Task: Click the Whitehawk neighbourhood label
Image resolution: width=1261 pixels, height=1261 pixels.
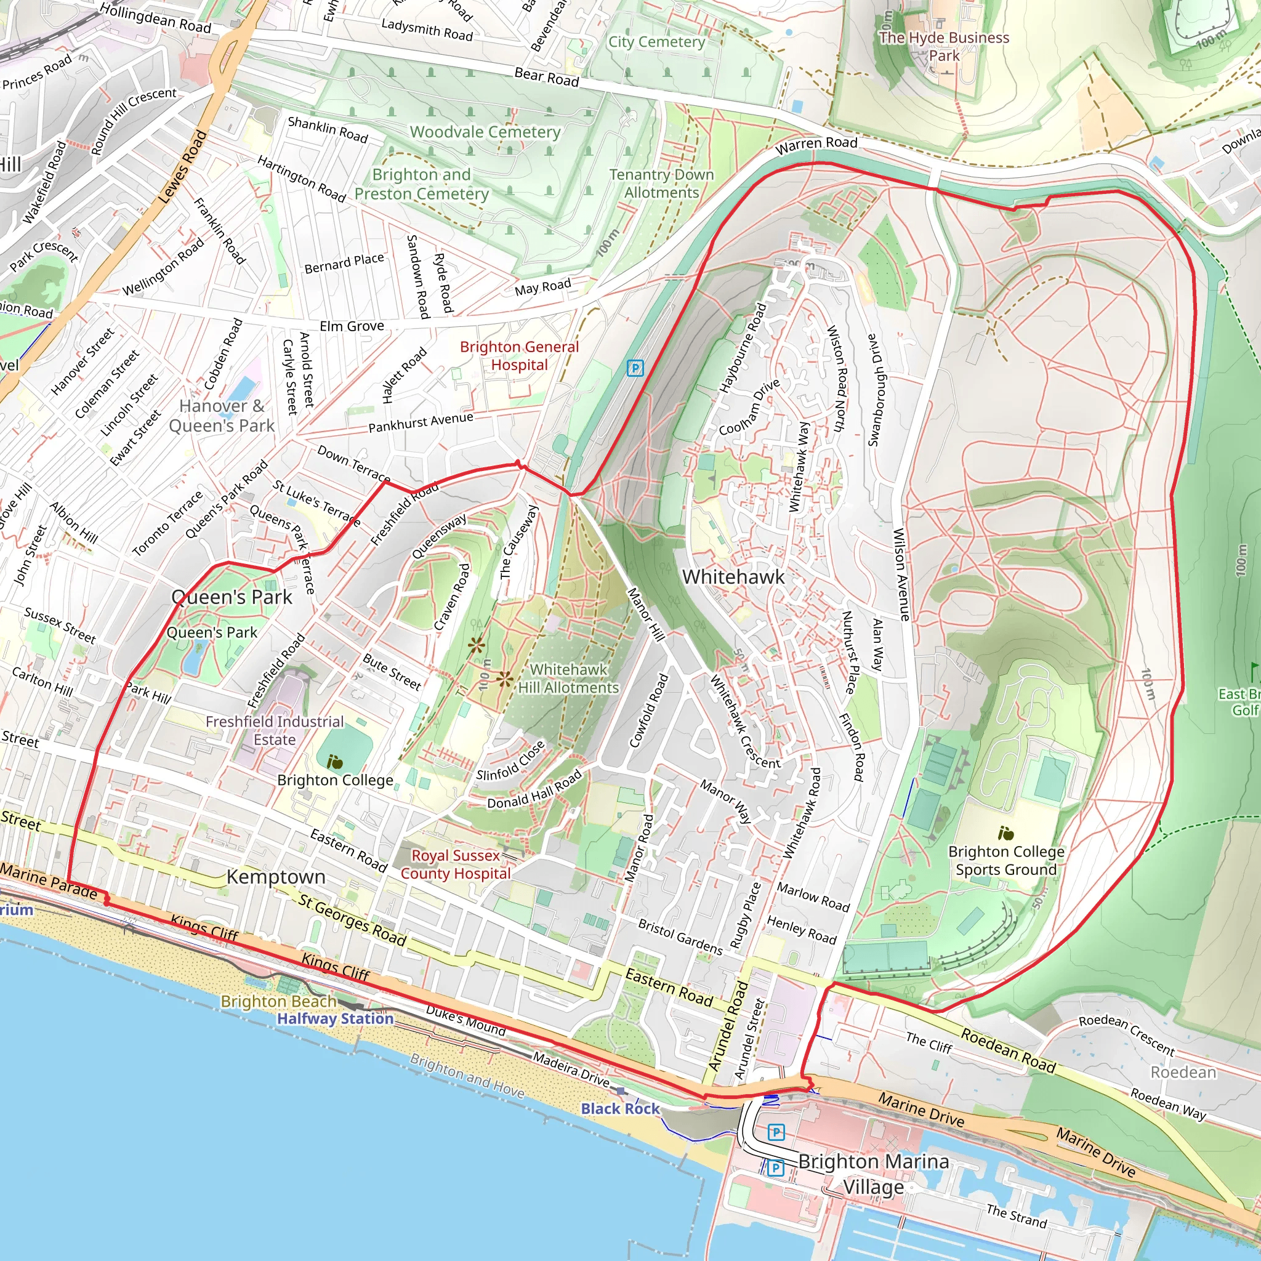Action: click(733, 577)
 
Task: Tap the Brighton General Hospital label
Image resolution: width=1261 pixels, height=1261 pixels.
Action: click(519, 356)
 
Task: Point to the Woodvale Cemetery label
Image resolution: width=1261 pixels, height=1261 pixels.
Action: click(485, 132)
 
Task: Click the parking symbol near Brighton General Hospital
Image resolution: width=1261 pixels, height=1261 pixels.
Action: click(634, 368)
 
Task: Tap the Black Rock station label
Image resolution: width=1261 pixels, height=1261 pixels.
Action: click(620, 1108)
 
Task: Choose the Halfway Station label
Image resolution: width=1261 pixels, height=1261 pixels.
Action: click(336, 1018)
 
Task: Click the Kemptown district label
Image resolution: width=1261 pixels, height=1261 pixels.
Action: click(275, 877)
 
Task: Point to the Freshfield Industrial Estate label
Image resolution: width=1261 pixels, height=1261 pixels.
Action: click(274, 730)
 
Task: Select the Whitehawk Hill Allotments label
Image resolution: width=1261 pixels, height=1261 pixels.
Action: click(568, 678)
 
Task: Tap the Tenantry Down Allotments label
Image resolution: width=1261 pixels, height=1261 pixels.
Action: click(661, 183)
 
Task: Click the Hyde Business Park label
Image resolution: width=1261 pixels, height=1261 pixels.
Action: click(944, 46)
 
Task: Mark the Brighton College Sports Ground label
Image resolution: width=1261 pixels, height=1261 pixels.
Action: click(1006, 860)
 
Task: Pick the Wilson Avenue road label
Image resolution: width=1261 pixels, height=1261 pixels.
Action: click(901, 574)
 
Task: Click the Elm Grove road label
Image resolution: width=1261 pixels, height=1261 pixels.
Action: click(352, 326)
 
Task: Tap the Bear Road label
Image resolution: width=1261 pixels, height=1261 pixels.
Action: click(546, 77)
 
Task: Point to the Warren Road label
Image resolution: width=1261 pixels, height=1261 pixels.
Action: click(816, 145)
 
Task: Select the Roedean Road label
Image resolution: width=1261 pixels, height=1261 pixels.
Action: click(1008, 1051)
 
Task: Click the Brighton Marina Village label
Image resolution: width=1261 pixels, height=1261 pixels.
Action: click(873, 1174)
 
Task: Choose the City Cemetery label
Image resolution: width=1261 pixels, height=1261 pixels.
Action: click(656, 42)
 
